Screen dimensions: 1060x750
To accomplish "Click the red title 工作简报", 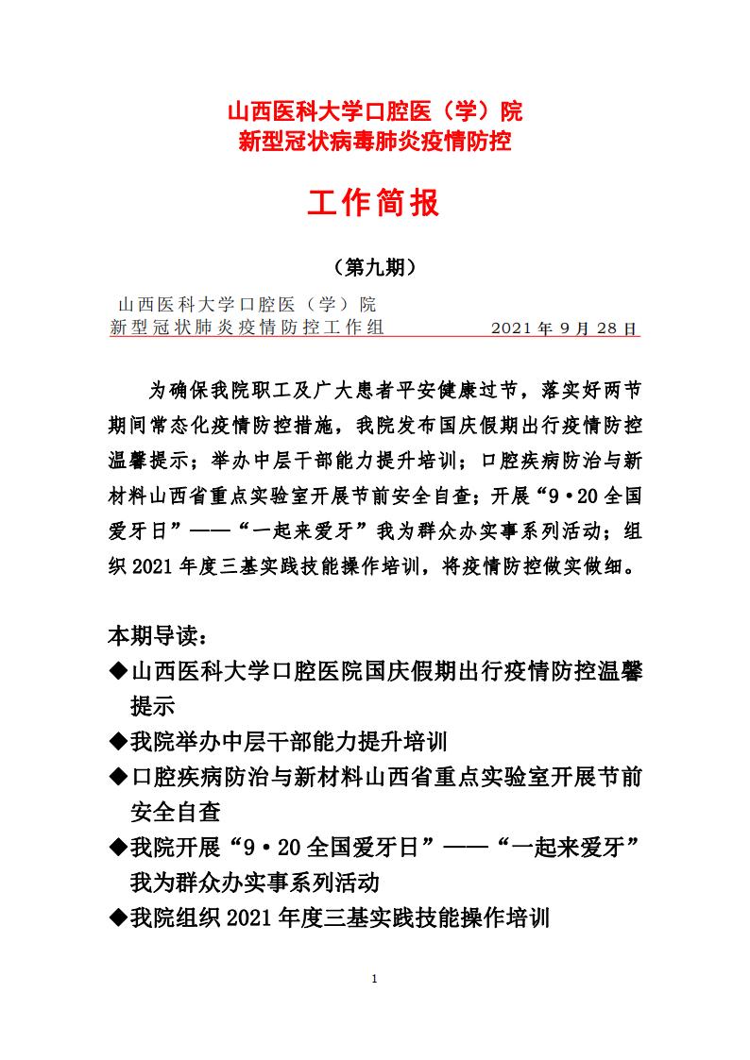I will (x=375, y=201).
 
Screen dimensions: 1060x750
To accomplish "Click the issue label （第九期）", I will (x=375, y=267).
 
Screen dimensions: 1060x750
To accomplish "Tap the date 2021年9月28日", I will (x=566, y=328).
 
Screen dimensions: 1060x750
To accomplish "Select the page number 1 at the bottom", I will (x=375, y=978).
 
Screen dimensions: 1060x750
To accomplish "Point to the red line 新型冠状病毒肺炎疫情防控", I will (x=375, y=143).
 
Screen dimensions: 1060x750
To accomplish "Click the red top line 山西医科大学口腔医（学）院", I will (x=375, y=112).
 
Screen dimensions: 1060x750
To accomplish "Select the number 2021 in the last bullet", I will (x=247, y=917).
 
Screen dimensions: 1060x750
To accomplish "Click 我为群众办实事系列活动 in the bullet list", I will (x=254, y=882).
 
